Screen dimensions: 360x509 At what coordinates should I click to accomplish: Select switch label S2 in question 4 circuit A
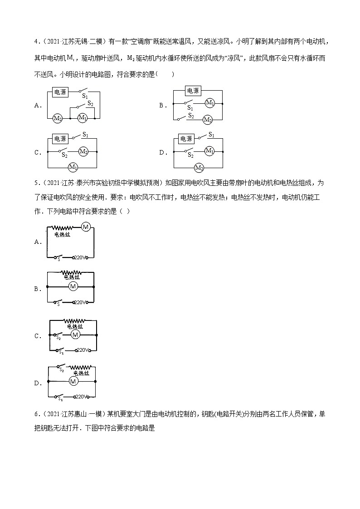91,103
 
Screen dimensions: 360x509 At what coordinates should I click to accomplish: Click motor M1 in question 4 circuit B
210,103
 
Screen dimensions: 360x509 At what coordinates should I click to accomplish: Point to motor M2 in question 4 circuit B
207,120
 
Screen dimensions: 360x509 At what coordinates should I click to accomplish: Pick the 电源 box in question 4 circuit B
194,90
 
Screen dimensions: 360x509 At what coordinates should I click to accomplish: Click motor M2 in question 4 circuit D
199,168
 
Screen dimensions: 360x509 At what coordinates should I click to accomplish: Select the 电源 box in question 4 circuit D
186,138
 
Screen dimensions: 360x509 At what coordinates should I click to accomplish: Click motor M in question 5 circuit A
86,227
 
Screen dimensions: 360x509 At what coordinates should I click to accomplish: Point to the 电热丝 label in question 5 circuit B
71,277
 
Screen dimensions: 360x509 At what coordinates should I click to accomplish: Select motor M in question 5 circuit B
72,286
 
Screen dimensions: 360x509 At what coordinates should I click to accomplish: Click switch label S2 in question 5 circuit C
58,338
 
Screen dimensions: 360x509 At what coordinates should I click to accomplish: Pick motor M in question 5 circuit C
75,334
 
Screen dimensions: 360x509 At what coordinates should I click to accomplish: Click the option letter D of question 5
38,383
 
